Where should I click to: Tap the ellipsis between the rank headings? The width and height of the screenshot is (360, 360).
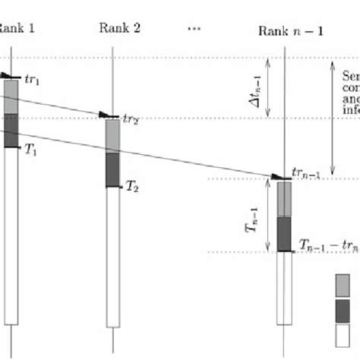(193, 28)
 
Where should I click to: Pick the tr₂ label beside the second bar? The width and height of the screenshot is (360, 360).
(132, 119)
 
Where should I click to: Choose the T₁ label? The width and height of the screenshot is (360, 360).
(30, 151)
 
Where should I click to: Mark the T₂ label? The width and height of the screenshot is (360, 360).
(132, 185)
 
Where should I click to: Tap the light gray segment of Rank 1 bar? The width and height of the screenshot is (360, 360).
(11, 97)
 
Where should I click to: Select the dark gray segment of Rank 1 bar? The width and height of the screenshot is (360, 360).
(11, 131)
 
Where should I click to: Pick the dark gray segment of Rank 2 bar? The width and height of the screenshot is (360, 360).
(112, 169)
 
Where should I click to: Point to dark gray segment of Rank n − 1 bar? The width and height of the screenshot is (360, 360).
(284, 234)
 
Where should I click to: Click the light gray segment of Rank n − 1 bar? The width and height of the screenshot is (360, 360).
(284, 199)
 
